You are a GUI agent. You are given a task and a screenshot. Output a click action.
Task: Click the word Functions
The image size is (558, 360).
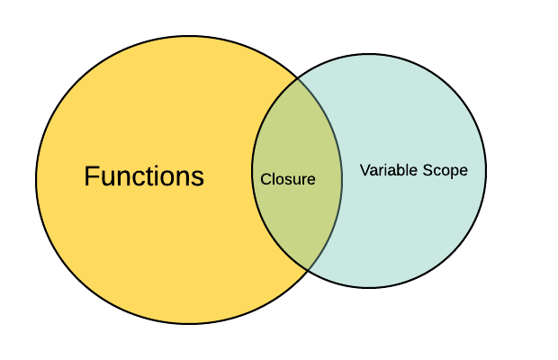[x=144, y=176]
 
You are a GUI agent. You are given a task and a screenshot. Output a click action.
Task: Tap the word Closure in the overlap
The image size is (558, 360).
[x=288, y=179]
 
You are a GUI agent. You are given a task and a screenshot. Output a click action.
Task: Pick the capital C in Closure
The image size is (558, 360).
[x=265, y=179]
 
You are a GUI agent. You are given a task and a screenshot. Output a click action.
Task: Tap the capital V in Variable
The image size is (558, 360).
[x=364, y=169]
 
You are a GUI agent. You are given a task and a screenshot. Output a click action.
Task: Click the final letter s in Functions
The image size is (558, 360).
[x=199, y=177]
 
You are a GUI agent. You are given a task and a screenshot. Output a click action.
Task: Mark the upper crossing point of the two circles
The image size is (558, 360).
[x=298, y=78]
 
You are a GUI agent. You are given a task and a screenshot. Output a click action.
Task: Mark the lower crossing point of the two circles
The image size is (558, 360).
[x=309, y=269]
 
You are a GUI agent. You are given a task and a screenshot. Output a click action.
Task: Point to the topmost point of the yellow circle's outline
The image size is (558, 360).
[x=189, y=36]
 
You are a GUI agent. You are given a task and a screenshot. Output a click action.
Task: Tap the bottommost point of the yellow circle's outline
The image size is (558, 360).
[x=189, y=324]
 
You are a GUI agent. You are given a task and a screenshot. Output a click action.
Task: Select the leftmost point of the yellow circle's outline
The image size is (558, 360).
[x=36, y=180]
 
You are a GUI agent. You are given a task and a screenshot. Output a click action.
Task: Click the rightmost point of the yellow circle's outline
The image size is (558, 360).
[x=342, y=180]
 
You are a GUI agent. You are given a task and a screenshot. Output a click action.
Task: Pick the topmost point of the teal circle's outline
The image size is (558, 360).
[x=369, y=54]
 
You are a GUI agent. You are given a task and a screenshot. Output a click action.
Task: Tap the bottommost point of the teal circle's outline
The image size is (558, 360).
[x=369, y=288]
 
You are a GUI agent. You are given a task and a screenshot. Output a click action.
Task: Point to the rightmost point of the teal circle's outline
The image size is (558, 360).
[x=486, y=171]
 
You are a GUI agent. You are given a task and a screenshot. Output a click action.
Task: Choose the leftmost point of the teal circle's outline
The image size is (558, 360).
[x=252, y=171]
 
